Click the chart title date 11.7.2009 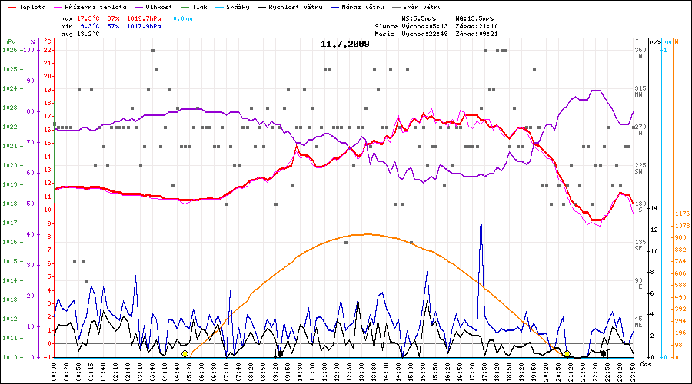point(345,44)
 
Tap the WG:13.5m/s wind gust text point(474,17)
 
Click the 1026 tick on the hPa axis point(9,50)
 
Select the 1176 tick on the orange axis point(681,214)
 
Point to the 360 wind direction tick point(639,50)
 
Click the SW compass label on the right point(638,171)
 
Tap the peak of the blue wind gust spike point(481,215)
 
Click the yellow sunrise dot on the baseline point(185,354)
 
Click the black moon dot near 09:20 point(280,354)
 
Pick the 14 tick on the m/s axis point(654,209)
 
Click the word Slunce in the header point(386,25)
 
